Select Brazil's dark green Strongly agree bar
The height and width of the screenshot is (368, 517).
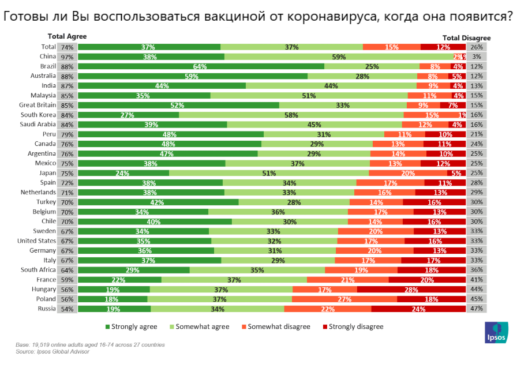coord(201,66)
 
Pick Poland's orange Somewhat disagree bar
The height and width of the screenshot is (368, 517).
coord(344,299)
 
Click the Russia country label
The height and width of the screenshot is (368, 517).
coord(46,309)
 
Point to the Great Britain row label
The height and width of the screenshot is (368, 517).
coord(38,105)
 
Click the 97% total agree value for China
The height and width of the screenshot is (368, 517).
coord(67,57)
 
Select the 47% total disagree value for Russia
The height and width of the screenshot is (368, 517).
coord(477,309)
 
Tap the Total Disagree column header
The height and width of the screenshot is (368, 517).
coord(466,37)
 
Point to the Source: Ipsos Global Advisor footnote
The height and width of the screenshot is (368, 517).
coord(53,351)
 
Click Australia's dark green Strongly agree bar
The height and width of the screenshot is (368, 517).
coord(193,76)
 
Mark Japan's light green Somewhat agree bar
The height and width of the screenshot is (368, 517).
coord(269,173)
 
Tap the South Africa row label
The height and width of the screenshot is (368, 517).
coord(38,270)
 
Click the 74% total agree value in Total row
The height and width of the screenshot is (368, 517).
coord(67,47)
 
